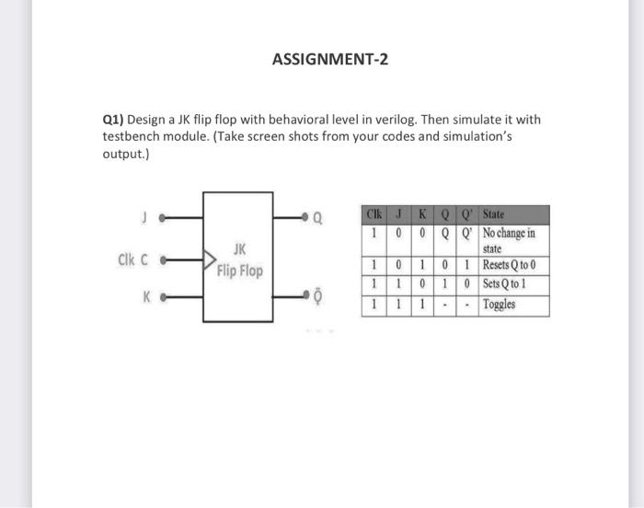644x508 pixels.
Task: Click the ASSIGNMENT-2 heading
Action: click(330, 60)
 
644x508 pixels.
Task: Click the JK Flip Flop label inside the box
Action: click(239, 260)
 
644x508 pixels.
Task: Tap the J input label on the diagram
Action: click(144, 218)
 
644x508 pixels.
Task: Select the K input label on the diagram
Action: click(145, 297)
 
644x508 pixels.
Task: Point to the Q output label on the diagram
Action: click(318, 219)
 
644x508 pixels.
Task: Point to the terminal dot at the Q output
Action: click(303, 219)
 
